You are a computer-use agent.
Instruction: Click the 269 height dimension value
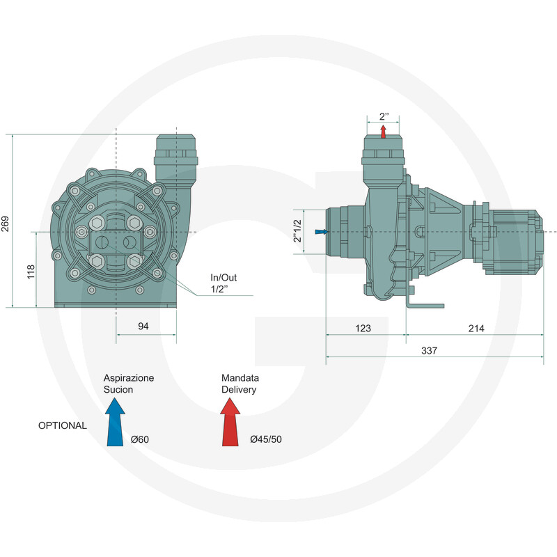[x=5, y=223]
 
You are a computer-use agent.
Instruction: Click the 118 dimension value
[x=31, y=272]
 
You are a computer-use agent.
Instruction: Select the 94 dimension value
[x=143, y=326]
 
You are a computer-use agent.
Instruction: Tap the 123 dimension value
[x=363, y=328]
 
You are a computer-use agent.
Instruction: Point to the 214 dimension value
[x=476, y=328]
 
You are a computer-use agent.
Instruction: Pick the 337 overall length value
[x=429, y=351]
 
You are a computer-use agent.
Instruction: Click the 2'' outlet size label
[x=384, y=116]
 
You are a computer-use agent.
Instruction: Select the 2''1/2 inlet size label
[x=297, y=231]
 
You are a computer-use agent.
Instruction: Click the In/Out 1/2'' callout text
[x=223, y=283]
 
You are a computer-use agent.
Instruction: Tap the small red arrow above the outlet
[x=384, y=131]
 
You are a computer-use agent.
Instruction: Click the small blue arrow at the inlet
[x=322, y=232]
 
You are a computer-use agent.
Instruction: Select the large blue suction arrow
[x=115, y=422]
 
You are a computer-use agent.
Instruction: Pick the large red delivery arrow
[x=230, y=422]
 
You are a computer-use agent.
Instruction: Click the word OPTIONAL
[x=63, y=425]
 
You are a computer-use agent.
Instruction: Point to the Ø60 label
[x=140, y=439]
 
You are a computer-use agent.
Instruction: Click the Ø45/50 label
[x=266, y=439]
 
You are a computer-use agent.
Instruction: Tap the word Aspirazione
[x=129, y=378]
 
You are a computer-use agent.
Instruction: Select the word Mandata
[x=240, y=378]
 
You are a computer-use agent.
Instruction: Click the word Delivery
[x=239, y=390]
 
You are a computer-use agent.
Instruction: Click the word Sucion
[x=118, y=390]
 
